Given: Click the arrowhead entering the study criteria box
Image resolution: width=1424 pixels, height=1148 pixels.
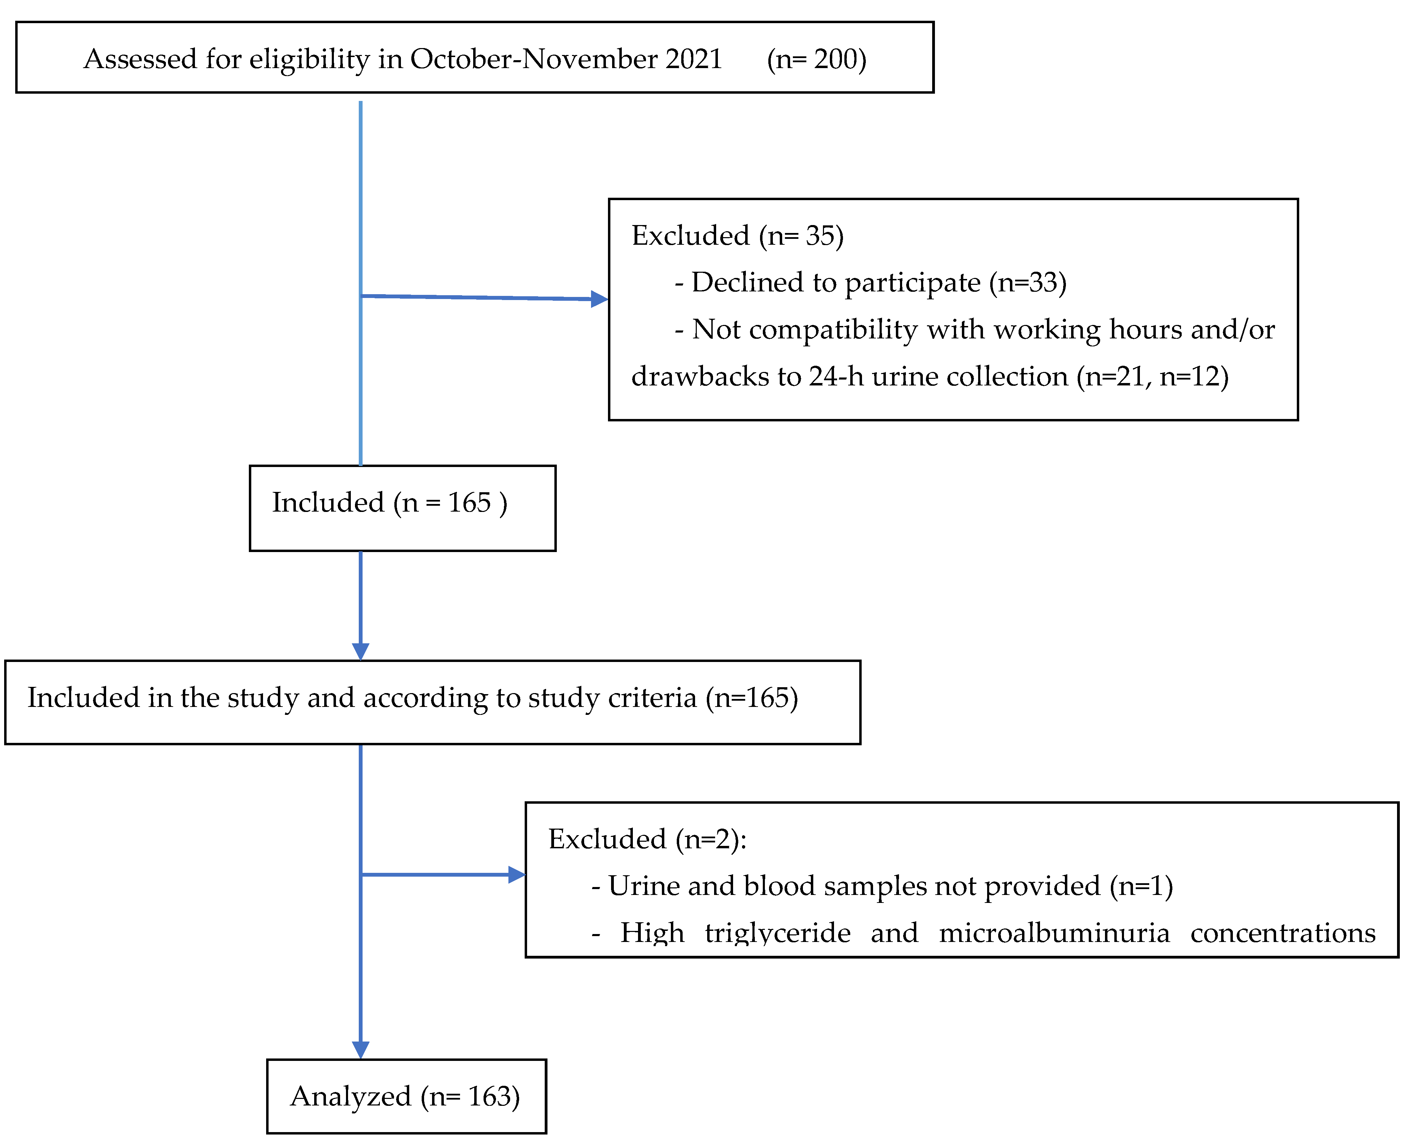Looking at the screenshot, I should tap(360, 651).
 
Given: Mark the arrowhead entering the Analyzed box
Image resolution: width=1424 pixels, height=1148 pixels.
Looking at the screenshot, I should tap(360, 1050).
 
